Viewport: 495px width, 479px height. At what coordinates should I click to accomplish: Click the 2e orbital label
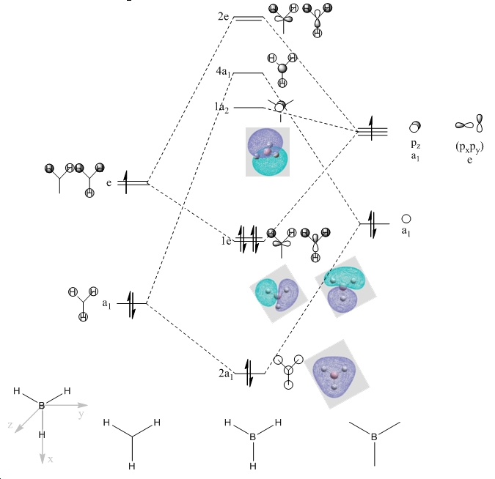[223, 16]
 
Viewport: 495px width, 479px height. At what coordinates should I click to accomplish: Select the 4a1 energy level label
[223, 72]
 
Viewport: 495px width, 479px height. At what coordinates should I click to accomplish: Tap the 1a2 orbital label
[221, 107]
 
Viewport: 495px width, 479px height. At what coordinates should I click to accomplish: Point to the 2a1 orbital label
[226, 374]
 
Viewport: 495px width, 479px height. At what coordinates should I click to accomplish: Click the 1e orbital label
[226, 241]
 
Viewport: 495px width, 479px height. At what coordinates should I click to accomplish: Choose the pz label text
[416, 144]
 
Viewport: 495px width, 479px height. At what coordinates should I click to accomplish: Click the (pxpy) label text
[469, 147]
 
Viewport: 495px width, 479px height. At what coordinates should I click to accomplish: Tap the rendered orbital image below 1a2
[268, 152]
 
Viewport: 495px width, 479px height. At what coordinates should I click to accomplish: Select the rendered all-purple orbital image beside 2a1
[337, 374]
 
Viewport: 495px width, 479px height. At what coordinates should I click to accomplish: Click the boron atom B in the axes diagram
[41, 406]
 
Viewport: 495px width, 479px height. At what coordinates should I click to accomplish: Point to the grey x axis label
[50, 459]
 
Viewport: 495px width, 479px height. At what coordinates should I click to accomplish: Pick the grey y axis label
[81, 414]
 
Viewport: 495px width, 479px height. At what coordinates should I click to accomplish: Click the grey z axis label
[10, 425]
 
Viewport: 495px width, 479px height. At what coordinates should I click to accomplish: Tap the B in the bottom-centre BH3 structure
[252, 437]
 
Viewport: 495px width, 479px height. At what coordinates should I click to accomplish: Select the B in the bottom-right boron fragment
[374, 437]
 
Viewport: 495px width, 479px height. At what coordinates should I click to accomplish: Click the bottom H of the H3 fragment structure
[132, 466]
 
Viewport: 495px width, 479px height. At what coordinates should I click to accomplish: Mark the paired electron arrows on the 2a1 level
[249, 373]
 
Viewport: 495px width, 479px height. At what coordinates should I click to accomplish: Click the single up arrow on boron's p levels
[371, 127]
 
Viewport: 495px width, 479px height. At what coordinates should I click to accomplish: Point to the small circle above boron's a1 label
[406, 219]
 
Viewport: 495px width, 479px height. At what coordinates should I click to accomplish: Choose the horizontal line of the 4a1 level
[248, 73]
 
